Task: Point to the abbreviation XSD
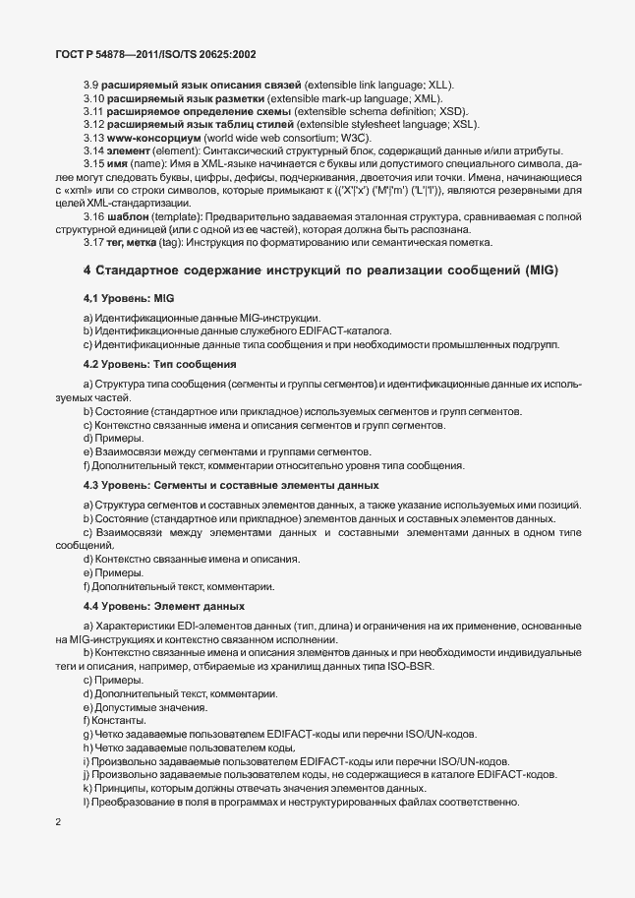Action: (454, 111)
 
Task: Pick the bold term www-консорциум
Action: (150, 137)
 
